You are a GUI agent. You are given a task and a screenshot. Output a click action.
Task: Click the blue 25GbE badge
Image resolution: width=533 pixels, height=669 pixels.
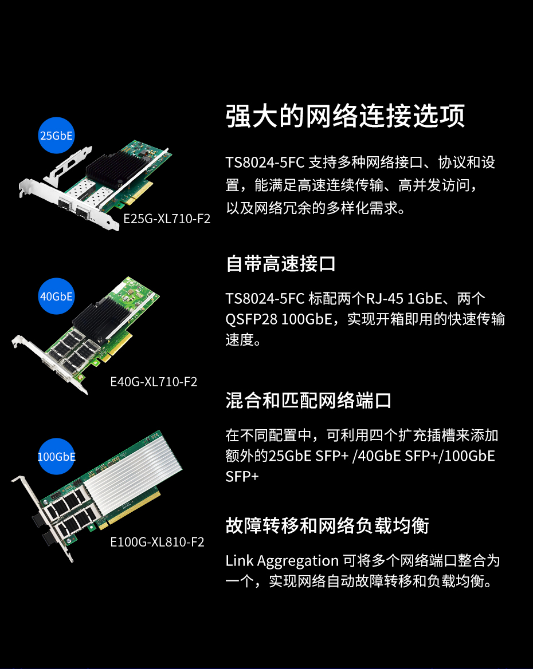[x=56, y=135]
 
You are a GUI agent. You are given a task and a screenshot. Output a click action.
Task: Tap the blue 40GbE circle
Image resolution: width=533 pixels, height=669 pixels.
[x=56, y=296]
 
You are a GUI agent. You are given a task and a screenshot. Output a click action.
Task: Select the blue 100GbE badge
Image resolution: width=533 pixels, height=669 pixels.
[x=56, y=457]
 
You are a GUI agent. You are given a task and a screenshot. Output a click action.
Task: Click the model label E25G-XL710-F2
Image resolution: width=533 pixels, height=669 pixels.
[x=167, y=219]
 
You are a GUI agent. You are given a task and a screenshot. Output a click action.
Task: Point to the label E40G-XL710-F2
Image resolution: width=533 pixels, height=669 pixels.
[x=154, y=382]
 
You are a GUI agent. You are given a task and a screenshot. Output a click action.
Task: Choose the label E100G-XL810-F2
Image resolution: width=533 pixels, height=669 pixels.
[x=157, y=542]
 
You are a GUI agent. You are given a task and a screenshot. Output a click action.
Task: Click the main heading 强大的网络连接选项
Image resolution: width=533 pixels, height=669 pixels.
[x=346, y=116]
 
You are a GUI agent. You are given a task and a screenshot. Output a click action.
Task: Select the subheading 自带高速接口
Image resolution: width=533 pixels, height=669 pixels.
[x=281, y=264]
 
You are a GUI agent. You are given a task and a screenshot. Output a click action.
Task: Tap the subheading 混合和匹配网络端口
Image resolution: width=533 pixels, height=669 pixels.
[x=308, y=401]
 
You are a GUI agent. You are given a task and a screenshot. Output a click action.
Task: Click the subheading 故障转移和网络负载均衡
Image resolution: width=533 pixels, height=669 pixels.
[x=327, y=525]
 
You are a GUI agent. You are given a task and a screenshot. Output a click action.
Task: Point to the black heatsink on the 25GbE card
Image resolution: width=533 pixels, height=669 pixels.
[x=113, y=168]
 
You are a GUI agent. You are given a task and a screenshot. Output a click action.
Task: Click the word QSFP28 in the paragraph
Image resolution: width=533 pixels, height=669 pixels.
[x=252, y=319]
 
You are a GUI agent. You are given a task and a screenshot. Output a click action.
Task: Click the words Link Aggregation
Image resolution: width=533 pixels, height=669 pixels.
[x=282, y=561]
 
